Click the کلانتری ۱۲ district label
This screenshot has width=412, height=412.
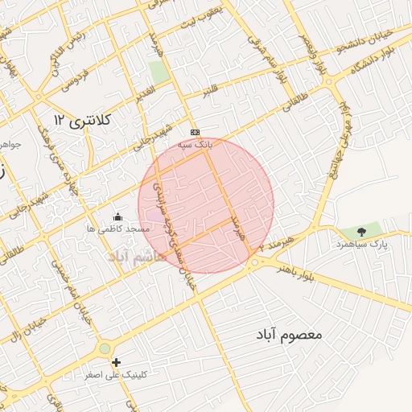pos(81,120)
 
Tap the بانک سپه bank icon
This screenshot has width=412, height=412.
pos(194,132)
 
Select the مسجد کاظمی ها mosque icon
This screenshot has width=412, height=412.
pos(118,216)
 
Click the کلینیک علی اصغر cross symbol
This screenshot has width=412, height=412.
pos(117,363)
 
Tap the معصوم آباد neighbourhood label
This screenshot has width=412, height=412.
pos(289,333)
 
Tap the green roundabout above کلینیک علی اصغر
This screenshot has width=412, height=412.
pos(105,348)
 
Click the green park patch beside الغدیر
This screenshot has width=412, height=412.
pos(159,71)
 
